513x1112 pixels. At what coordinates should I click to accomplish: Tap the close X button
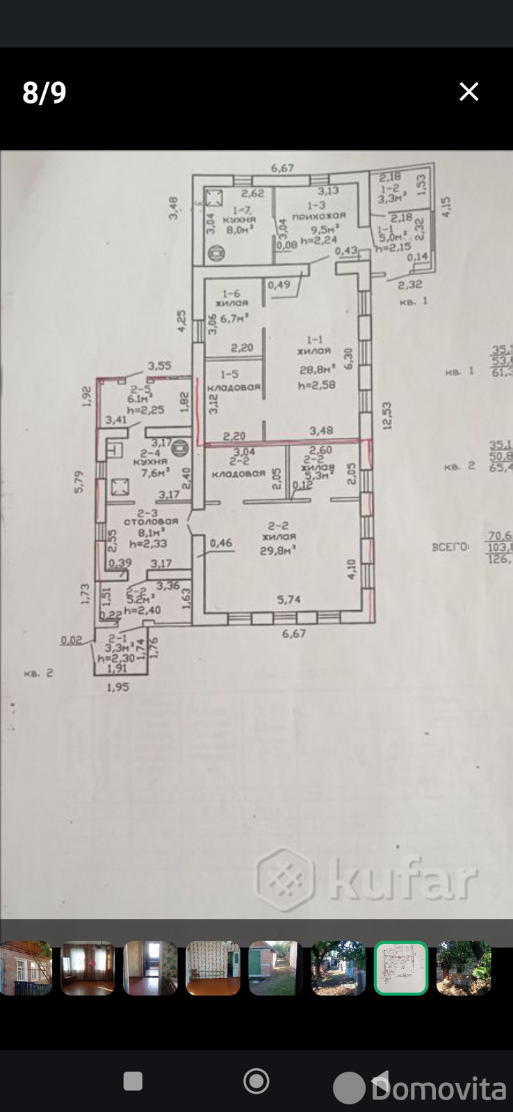(469, 92)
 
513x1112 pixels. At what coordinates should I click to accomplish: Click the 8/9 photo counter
(44, 92)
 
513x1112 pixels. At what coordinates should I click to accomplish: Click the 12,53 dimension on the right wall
(387, 416)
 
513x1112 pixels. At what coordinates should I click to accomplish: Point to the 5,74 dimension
(288, 598)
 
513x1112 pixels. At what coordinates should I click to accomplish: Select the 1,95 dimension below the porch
(118, 687)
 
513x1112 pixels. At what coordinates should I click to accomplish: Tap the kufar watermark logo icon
(285, 879)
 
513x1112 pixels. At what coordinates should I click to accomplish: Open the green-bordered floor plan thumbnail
(400, 968)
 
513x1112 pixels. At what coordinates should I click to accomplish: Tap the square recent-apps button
(133, 1081)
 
